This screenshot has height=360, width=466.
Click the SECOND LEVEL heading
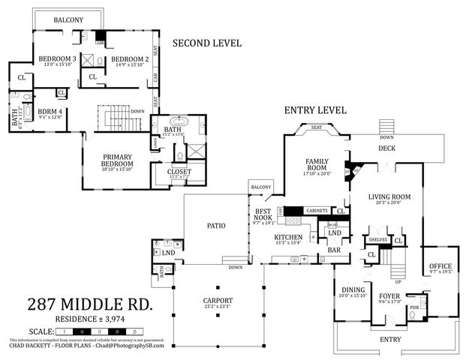pos(207,43)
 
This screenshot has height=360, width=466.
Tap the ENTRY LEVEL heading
pos(315,110)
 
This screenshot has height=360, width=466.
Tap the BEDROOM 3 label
pos(57,59)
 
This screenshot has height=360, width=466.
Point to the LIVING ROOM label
pos(384,197)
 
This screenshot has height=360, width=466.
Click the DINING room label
pos(353,289)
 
